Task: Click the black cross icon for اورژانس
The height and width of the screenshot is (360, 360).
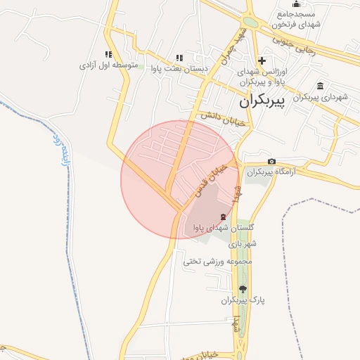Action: pyautogui.click(x=262, y=61)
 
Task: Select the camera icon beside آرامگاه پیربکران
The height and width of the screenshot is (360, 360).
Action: pyautogui.click(x=271, y=162)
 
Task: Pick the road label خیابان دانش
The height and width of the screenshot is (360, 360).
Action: pyautogui.click(x=223, y=118)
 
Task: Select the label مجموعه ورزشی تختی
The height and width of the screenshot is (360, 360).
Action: pyautogui.click(x=217, y=261)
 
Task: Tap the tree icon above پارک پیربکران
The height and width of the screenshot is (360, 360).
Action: pyautogui.click(x=243, y=288)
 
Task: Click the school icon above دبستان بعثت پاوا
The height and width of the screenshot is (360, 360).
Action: pyautogui.click(x=179, y=58)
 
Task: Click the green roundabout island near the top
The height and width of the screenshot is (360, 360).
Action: pyautogui.click(x=250, y=22)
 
